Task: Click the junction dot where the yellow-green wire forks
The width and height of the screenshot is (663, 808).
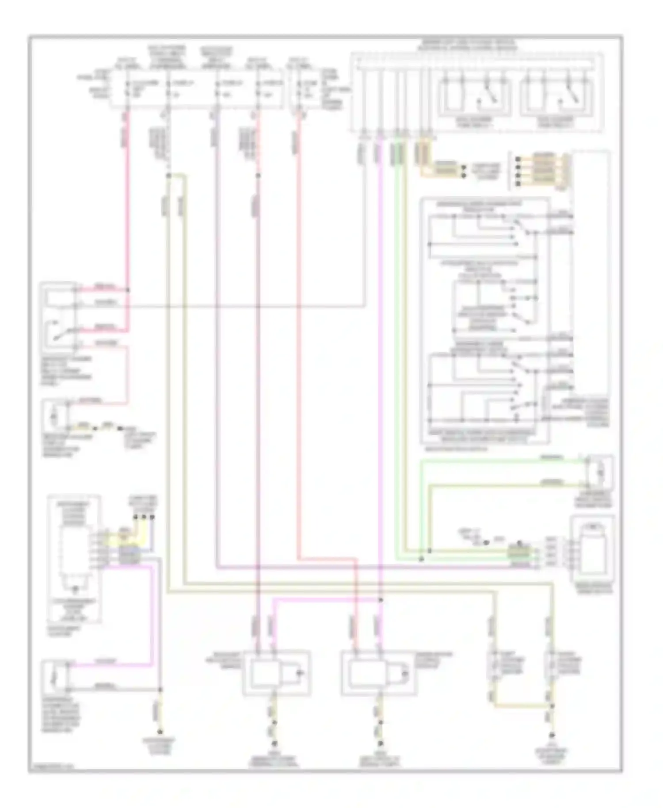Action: (168, 175)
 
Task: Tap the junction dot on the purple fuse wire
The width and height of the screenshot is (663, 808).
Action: (258, 175)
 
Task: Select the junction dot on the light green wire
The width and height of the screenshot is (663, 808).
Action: (421, 559)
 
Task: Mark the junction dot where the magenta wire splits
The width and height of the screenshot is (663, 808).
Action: (381, 600)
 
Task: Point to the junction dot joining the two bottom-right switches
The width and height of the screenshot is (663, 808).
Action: (552, 705)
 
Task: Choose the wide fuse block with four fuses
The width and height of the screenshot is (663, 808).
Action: (197, 88)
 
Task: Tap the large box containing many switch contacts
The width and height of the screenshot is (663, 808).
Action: (485, 320)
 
